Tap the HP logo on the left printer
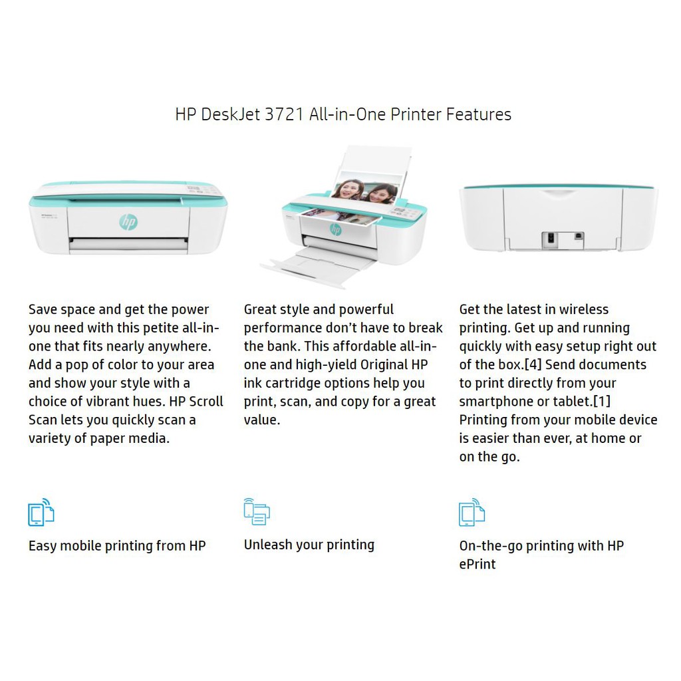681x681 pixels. point(128,222)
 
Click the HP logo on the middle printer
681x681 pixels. point(336,229)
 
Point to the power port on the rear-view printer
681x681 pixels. point(551,239)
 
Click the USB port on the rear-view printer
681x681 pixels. point(579,237)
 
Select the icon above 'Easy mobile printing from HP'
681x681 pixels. point(41,513)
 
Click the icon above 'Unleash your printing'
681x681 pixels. point(257,511)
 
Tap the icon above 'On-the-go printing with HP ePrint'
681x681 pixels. point(472,513)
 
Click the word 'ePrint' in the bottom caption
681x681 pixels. point(477,564)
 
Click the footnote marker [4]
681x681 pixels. point(533,364)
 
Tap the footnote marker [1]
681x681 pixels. point(602,401)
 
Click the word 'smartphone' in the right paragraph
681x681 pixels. point(493,402)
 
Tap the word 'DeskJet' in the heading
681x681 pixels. point(231,114)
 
